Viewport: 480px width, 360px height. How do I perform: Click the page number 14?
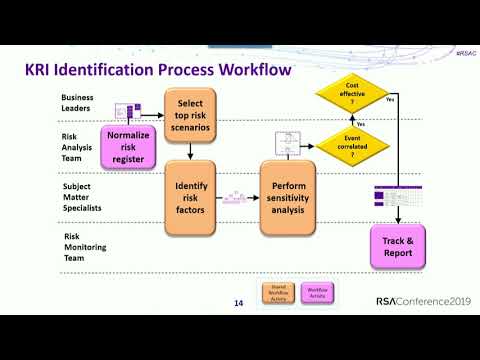point(239,303)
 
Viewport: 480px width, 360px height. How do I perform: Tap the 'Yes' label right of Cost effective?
point(389,99)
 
